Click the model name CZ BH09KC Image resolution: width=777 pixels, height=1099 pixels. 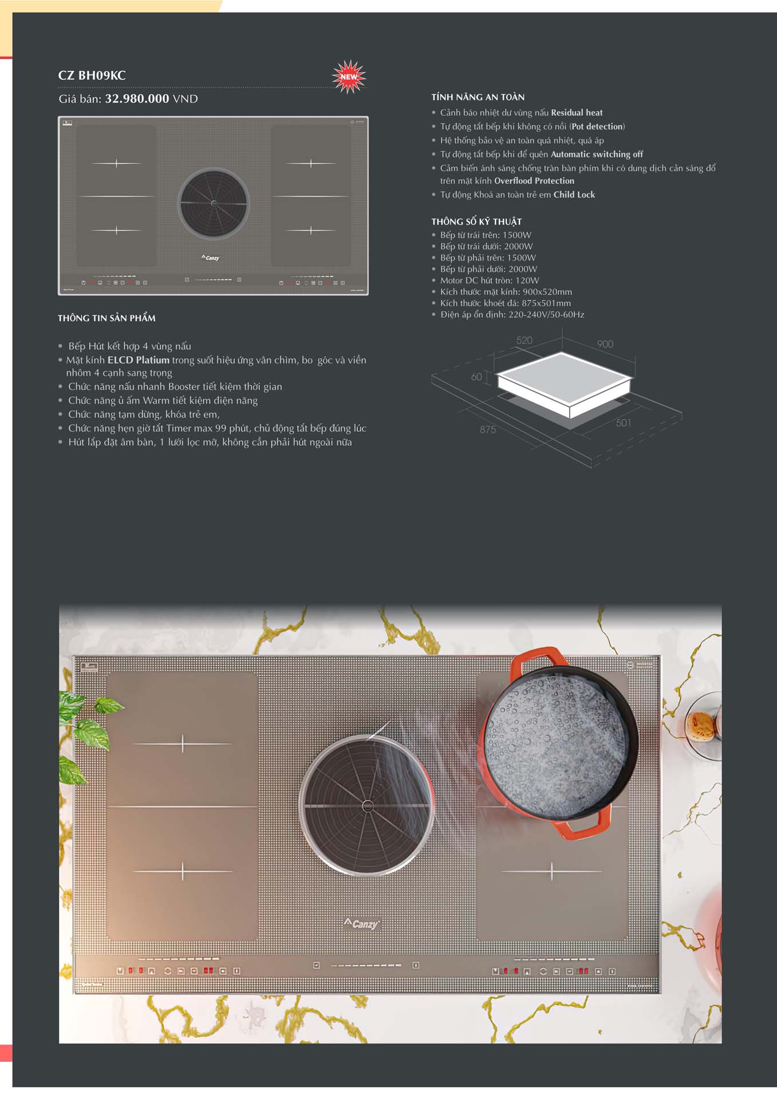(x=92, y=76)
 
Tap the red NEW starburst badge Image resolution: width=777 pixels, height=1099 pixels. (x=349, y=77)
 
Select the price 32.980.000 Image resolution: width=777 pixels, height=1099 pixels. (x=137, y=98)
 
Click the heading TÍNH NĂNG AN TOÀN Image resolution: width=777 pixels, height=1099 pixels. (x=478, y=97)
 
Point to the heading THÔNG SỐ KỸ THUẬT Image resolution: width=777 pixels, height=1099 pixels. (x=476, y=222)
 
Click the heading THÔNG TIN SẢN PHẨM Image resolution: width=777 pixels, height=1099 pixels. (x=107, y=318)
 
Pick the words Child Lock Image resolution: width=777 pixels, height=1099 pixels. (x=574, y=195)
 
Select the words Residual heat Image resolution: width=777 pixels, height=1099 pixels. (x=577, y=113)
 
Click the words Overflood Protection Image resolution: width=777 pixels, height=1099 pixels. (x=534, y=181)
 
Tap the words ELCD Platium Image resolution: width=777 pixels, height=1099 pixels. (x=139, y=360)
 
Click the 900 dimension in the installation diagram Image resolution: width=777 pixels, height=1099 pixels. (x=605, y=344)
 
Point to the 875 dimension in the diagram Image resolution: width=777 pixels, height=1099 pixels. (x=488, y=429)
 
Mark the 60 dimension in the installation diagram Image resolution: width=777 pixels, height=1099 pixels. (x=476, y=377)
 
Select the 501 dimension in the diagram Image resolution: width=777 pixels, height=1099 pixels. (x=624, y=423)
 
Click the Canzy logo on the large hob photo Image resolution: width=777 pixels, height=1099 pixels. (x=361, y=924)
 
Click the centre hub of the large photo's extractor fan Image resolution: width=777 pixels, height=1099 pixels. (x=368, y=806)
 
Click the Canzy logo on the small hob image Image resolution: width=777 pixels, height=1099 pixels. (x=211, y=258)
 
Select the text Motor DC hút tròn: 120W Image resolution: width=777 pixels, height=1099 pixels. (x=490, y=280)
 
